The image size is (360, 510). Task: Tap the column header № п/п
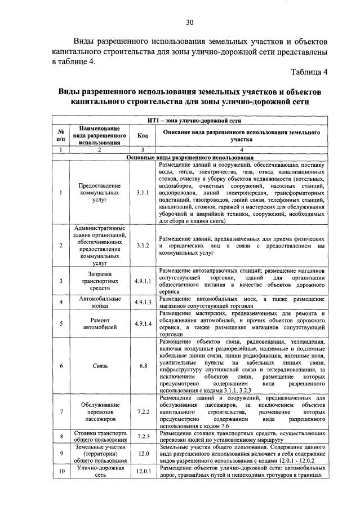tap(60, 135)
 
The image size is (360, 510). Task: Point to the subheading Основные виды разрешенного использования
tap(189, 157)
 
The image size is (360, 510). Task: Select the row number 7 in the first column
tap(60, 412)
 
